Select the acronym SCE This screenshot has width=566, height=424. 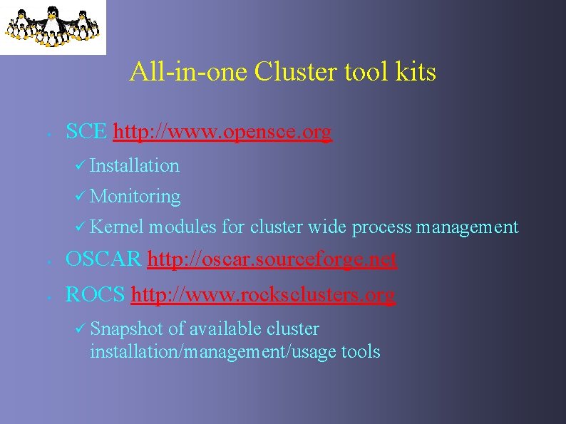[x=86, y=132]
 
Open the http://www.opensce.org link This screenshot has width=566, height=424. [x=222, y=133]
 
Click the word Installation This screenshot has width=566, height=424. [x=135, y=165]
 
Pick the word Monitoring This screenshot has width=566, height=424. [x=135, y=196]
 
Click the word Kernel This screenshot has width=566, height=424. [x=118, y=227]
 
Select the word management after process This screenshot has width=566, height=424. [x=467, y=227]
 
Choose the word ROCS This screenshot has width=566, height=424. [x=96, y=295]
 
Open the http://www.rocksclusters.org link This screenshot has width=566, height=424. [x=263, y=295]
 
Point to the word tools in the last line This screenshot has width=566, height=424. [x=361, y=351]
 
